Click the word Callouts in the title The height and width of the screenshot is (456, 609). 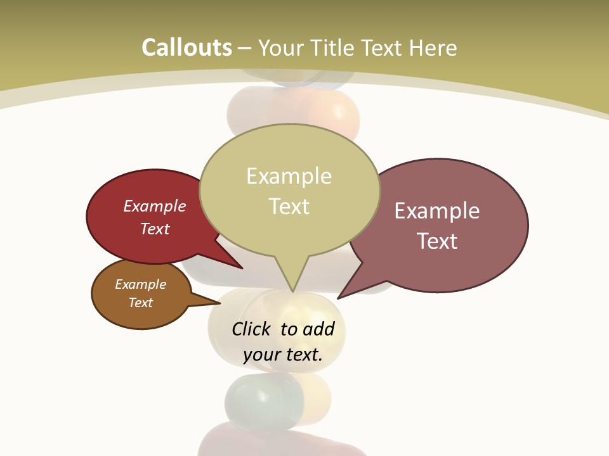click(x=187, y=48)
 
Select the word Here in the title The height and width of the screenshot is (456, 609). click(x=433, y=48)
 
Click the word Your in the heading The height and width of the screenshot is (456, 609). click(x=280, y=48)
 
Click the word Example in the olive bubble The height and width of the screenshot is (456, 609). click(x=289, y=176)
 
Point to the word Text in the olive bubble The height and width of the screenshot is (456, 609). click(x=289, y=206)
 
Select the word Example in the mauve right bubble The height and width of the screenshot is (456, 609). click(x=437, y=211)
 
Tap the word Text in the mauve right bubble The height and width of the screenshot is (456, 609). click(x=437, y=241)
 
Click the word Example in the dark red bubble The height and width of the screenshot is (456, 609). click(x=155, y=206)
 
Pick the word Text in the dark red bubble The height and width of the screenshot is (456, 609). click(x=155, y=229)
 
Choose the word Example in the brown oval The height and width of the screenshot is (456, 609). click(x=141, y=284)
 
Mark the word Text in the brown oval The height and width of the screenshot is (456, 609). click(x=141, y=303)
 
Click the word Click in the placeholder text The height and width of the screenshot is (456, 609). click(x=251, y=329)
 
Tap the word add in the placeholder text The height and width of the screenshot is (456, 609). click(x=318, y=329)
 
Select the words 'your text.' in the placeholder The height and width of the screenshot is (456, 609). click(x=283, y=355)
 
